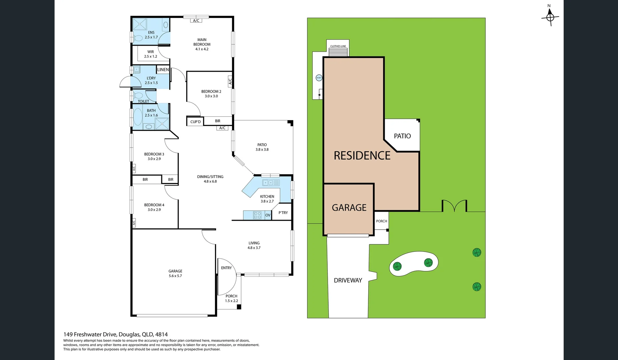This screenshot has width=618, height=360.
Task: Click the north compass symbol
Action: coord(550,16)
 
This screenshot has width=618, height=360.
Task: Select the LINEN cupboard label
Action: coord(163,70)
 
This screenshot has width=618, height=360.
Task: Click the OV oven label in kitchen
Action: coord(268,215)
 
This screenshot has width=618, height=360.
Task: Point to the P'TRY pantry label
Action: coord(283,213)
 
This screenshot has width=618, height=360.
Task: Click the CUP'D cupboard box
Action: coord(195,122)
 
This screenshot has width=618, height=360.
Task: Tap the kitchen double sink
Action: coord(271,183)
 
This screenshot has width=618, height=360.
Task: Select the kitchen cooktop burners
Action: coord(257,215)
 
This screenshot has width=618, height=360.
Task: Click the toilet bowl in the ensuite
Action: coord(138,38)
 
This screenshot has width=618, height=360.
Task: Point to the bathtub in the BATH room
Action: coord(138,117)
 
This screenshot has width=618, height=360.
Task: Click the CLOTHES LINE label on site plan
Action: coord(338,46)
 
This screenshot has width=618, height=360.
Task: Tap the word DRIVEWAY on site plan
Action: coord(348,281)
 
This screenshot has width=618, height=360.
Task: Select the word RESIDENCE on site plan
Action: coord(362,156)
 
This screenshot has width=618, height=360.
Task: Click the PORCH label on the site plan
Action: coord(381,221)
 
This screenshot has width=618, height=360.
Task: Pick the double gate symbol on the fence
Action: coord(454,206)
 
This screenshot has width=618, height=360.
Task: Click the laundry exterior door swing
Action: coord(126,83)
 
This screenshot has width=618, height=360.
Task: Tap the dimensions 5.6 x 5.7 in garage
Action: coord(175,276)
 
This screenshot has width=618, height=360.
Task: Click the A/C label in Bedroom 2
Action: coord(230,81)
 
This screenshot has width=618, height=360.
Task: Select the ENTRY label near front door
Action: coord(226,268)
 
